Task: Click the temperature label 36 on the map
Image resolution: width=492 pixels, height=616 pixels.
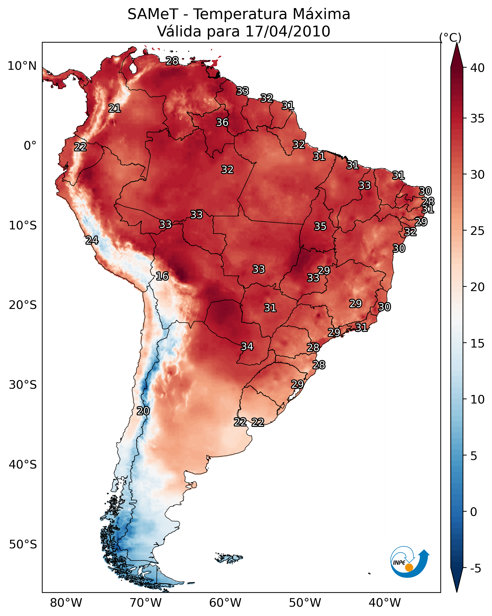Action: click(222, 122)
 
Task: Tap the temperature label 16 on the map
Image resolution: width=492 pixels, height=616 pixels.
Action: click(162, 276)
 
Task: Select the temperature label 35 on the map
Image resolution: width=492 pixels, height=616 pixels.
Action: click(320, 226)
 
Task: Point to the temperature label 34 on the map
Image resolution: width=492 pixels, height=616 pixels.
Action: click(247, 346)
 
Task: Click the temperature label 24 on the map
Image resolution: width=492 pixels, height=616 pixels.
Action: click(92, 240)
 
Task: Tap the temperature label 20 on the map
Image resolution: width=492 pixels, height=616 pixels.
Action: click(143, 411)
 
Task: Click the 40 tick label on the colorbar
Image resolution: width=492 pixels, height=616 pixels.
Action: click(477, 68)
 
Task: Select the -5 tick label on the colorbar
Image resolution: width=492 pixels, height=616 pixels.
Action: click(475, 568)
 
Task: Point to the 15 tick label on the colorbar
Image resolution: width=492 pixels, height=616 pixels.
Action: click(477, 343)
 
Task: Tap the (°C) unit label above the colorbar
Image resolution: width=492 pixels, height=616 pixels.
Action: click(450, 37)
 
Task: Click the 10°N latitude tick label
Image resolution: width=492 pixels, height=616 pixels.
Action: click(22, 66)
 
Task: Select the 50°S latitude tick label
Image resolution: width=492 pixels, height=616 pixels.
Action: click(23, 545)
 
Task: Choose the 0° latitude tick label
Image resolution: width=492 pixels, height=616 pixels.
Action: click(30, 146)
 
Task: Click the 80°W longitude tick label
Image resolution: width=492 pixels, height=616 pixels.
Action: click(66, 603)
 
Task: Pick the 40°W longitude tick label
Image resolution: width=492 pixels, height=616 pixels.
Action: click(385, 603)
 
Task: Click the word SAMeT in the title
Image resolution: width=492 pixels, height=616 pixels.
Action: click(153, 14)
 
